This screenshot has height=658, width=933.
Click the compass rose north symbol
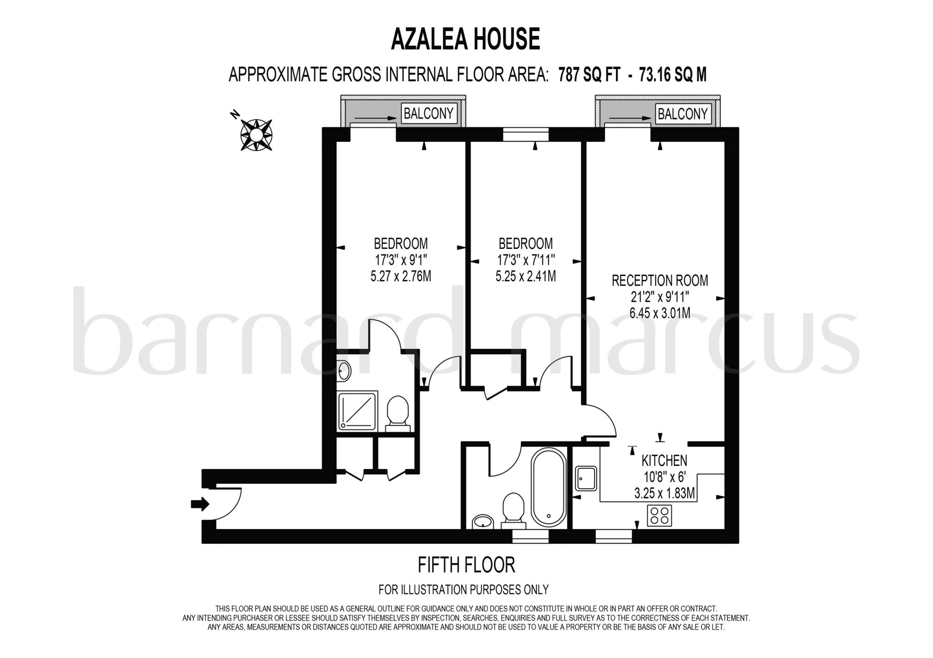tap(256, 134)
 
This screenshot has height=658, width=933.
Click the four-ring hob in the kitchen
tap(660, 516)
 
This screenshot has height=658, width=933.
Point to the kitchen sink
tap(586, 478)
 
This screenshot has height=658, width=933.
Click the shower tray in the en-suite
tap(358, 411)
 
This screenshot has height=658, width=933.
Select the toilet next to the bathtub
tap(513, 510)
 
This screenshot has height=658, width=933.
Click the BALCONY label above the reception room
tap(682, 114)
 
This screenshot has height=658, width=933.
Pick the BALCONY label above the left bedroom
tap(428, 113)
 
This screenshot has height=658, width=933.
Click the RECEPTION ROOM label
tap(660, 280)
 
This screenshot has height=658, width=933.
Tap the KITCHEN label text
tap(664, 461)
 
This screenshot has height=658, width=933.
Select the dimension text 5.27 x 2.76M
tap(401, 276)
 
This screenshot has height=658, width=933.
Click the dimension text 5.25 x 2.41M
tap(526, 276)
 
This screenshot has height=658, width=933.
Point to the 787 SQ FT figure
tap(589, 75)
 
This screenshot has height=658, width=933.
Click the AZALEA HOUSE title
tap(466, 39)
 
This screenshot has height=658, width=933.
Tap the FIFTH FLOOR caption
tap(466, 565)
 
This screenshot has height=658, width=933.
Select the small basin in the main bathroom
tap(482, 521)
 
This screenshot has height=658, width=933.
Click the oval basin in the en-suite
tap(345, 370)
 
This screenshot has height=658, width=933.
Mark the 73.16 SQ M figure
tap(673, 75)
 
